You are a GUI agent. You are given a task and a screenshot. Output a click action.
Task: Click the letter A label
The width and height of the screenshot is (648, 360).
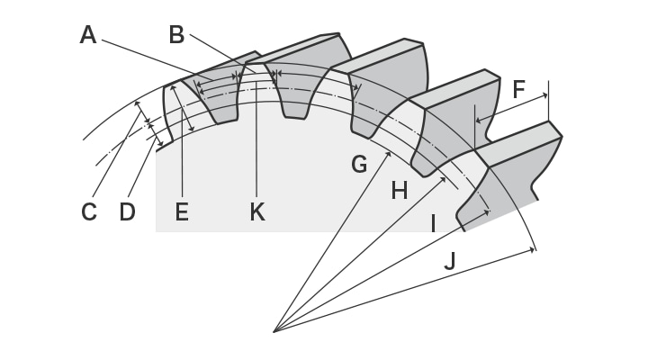(x=87, y=35)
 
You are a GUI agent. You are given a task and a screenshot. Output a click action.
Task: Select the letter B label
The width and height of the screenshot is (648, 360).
(x=177, y=34)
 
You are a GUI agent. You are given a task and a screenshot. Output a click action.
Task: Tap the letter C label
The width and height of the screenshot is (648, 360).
(x=88, y=211)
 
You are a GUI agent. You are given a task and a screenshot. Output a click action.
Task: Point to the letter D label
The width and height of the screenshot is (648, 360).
(x=129, y=211)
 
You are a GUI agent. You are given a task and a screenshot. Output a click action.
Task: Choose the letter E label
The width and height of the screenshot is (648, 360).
(x=182, y=211)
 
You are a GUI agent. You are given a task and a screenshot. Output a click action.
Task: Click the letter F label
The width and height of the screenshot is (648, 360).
(x=518, y=89)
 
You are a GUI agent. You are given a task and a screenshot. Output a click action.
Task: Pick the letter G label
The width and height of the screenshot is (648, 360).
(x=359, y=165)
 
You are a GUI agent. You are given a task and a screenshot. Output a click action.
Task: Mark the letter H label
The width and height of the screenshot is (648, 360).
(x=400, y=190)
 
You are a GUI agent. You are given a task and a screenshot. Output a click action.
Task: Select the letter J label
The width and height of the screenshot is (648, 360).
(x=449, y=261)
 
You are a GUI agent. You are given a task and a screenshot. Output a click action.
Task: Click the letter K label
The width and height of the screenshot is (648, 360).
(x=257, y=211)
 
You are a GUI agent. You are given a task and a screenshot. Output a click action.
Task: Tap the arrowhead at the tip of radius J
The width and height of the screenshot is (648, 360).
(x=532, y=249)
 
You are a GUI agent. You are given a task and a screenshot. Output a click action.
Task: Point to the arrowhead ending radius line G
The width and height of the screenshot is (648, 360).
(x=389, y=154)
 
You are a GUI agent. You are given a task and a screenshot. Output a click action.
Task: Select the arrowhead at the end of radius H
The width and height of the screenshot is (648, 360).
(x=445, y=179)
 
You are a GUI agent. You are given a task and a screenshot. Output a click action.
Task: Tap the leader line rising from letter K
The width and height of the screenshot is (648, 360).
(x=257, y=144)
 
